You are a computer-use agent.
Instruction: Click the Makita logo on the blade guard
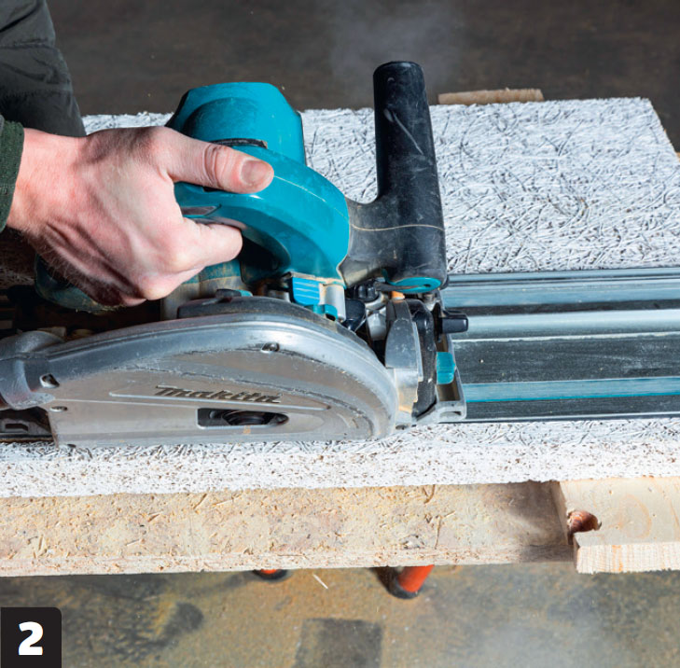217,395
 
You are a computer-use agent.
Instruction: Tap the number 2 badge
31,637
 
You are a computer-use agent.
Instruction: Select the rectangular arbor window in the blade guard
243,417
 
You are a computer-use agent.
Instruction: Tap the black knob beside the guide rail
454,323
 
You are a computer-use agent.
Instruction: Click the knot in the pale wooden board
582,520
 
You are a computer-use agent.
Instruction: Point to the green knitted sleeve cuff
9,169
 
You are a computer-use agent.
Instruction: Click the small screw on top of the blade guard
271,346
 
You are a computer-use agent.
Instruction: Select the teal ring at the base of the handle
417,285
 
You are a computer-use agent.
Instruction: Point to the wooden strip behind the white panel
490,96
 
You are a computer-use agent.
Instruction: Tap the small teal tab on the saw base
445,367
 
